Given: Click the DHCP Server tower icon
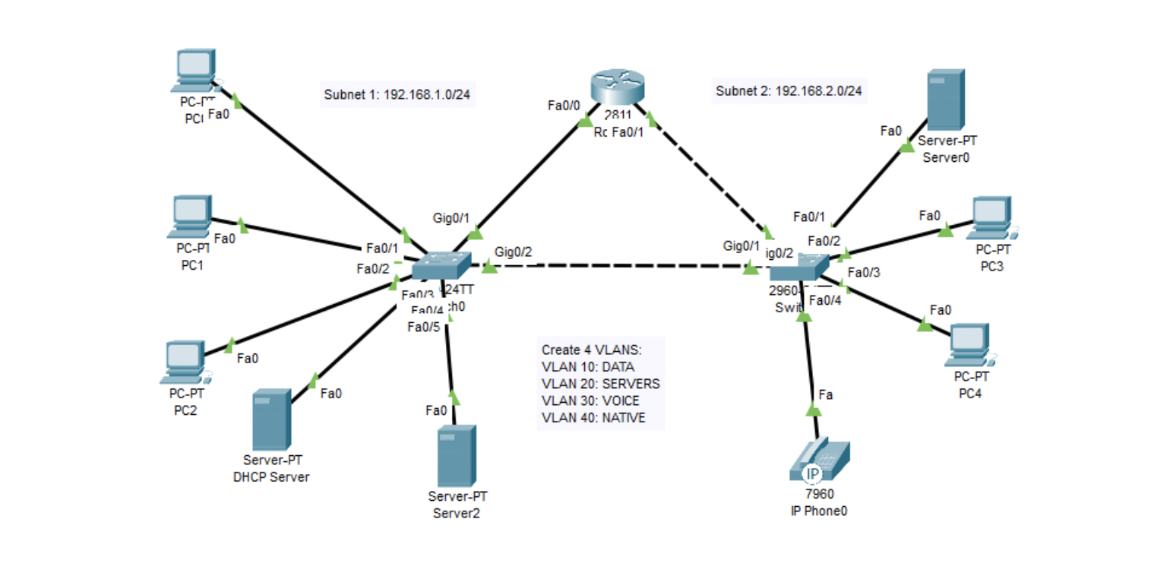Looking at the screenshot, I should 271,419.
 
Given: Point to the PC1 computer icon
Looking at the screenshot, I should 191,216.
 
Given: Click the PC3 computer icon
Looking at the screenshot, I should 992,218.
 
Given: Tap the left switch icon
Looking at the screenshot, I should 441,266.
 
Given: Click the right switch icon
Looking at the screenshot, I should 799,268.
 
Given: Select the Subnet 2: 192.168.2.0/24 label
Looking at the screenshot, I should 789,92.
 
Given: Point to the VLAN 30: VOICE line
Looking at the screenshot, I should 590,400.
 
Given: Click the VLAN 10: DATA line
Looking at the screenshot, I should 587,366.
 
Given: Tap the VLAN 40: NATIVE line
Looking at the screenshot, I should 593,417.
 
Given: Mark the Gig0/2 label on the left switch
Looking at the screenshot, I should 514,252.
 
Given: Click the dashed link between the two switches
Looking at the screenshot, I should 615,266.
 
